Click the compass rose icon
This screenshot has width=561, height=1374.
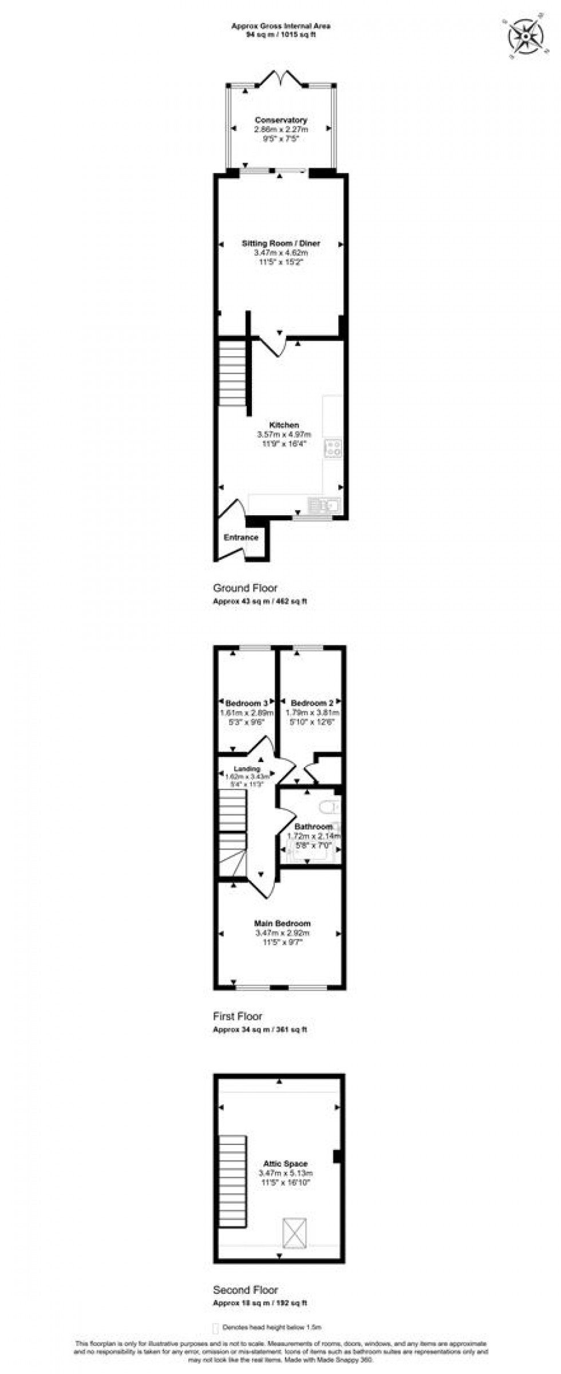525,34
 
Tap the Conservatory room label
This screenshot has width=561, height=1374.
280,120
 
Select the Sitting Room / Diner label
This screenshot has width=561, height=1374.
280,243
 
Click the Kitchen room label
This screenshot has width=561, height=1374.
284,425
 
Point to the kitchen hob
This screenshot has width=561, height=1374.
333,448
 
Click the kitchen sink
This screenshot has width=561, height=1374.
323,505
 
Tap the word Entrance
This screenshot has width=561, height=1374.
241,538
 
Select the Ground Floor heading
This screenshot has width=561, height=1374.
245,588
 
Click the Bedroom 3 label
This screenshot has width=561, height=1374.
247,703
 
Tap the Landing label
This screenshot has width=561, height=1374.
247,769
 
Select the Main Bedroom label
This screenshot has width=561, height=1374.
282,923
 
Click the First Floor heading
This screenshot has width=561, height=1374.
238,1016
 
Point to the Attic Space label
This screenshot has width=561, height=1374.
285,1164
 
